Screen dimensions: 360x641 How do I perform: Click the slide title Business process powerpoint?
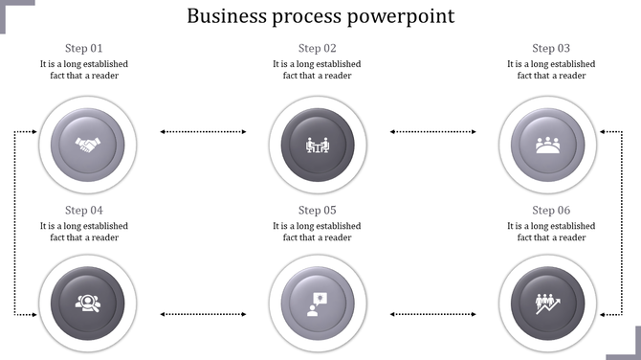pyautogui.click(x=320, y=16)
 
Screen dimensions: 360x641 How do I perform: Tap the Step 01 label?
pyautogui.click(x=84, y=48)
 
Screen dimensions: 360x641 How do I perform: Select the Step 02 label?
pyautogui.click(x=317, y=48)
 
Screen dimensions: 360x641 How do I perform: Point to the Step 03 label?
pyautogui.click(x=551, y=48)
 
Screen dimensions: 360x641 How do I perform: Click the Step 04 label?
pyautogui.click(x=84, y=210)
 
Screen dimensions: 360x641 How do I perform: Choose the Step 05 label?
pyautogui.click(x=317, y=210)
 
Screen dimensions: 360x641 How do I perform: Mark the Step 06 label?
pyautogui.click(x=551, y=210)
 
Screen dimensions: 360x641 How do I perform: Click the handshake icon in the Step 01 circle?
pyautogui.click(x=88, y=146)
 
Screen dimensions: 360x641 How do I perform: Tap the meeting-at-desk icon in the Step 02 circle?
pyautogui.click(x=317, y=146)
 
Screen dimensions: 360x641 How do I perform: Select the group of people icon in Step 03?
pyautogui.click(x=547, y=146)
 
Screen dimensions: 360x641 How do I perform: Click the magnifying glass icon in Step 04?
pyautogui.click(x=88, y=304)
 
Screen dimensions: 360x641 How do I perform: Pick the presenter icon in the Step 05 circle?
pyautogui.click(x=317, y=304)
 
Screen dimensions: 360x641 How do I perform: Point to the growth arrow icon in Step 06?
pyautogui.click(x=547, y=304)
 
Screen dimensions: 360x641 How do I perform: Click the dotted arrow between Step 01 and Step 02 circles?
pyautogui.click(x=202, y=131)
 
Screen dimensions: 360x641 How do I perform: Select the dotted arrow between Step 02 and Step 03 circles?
pyautogui.click(x=433, y=131)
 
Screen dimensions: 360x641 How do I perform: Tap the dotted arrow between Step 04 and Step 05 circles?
pyautogui.click(x=202, y=313)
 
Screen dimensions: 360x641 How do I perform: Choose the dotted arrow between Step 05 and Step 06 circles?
pyautogui.click(x=433, y=313)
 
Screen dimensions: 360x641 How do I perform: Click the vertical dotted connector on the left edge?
pyautogui.click(x=15, y=222)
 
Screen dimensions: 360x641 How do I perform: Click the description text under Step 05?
pyautogui.click(x=317, y=232)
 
